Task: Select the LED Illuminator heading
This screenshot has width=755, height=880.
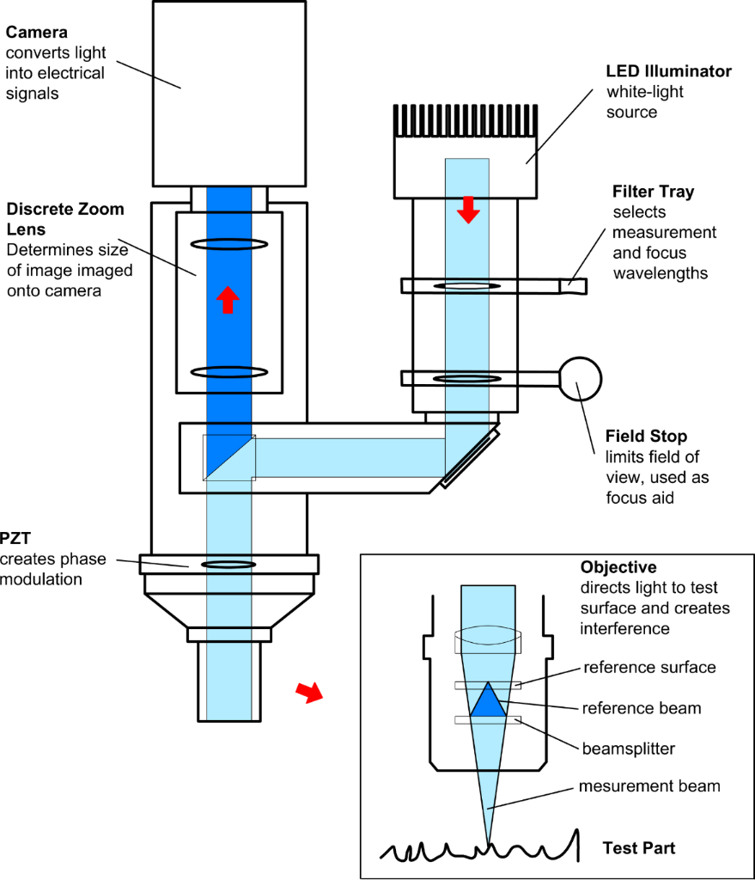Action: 670,71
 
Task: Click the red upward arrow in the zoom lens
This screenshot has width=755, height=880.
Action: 227,300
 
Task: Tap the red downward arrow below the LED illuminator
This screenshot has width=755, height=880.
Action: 467,209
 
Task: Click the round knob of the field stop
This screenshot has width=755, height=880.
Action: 580,377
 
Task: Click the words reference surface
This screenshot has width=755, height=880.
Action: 649,668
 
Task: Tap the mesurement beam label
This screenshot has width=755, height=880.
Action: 649,786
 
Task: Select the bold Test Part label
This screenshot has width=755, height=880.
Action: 638,848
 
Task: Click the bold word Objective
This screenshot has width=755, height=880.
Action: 618,568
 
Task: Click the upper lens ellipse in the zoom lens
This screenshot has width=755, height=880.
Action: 228,244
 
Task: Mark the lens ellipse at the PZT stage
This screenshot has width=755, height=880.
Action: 228,565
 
